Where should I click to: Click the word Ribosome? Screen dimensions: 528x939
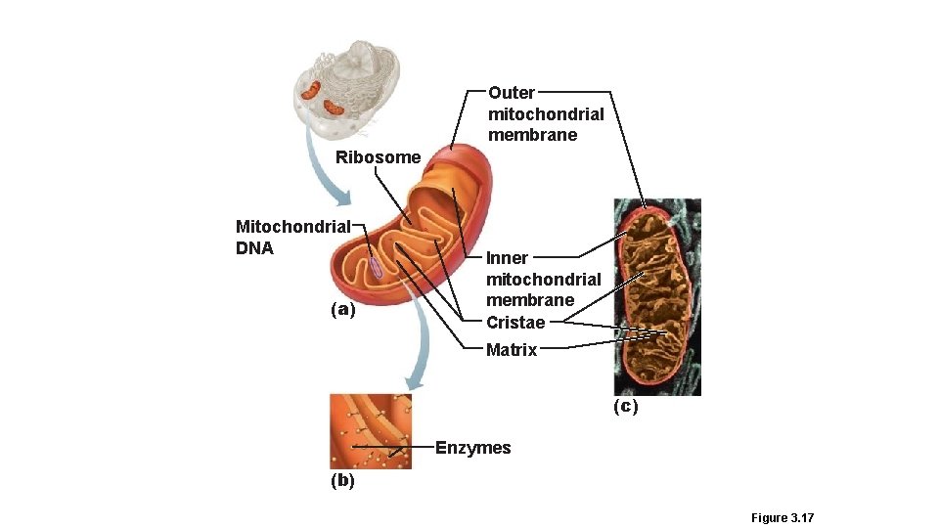(378, 157)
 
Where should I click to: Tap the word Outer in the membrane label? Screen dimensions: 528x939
(512, 93)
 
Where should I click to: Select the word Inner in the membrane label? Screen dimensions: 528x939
(507, 258)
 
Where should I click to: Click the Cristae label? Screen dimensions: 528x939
(515, 323)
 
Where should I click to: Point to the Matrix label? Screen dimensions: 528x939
(512, 350)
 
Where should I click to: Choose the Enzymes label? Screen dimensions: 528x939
(472, 448)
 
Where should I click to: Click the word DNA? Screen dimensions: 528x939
(254, 248)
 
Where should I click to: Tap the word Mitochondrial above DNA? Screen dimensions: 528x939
(292, 227)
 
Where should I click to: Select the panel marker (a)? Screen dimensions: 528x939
(342, 310)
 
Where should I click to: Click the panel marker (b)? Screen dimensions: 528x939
(342, 480)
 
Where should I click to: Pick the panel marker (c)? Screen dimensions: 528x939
(625, 406)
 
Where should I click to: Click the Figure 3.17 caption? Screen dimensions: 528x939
(782, 518)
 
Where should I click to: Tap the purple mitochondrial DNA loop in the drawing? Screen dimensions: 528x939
(376, 264)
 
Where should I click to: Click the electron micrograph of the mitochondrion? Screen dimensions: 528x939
(656, 296)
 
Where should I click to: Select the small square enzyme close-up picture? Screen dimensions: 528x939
(370, 431)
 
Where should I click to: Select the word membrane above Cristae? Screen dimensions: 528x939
(530, 300)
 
